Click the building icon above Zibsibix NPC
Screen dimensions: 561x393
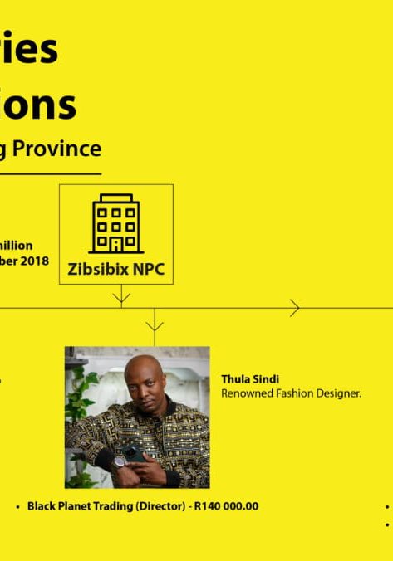point(116,223)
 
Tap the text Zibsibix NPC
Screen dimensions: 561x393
point(116,268)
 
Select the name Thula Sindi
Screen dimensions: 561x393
point(250,379)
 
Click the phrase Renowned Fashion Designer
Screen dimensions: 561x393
point(291,393)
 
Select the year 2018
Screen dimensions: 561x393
point(35,261)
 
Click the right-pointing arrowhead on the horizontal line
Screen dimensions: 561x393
point(295,309)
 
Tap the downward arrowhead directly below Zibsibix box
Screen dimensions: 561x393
point(121,295)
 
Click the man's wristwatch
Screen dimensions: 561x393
point(121,461)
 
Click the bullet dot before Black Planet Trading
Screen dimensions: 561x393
point(18,506)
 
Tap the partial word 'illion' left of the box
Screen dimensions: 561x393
point(17,246)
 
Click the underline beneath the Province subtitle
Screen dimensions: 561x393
point(50,173)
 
